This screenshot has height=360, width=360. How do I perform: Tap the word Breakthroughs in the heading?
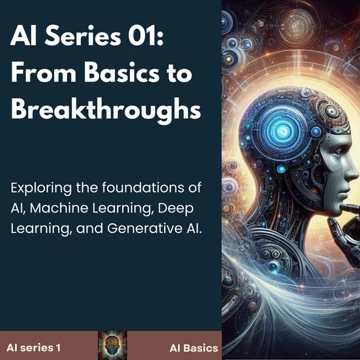click(106, 110)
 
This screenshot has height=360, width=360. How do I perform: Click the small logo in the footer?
click(112, 346)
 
